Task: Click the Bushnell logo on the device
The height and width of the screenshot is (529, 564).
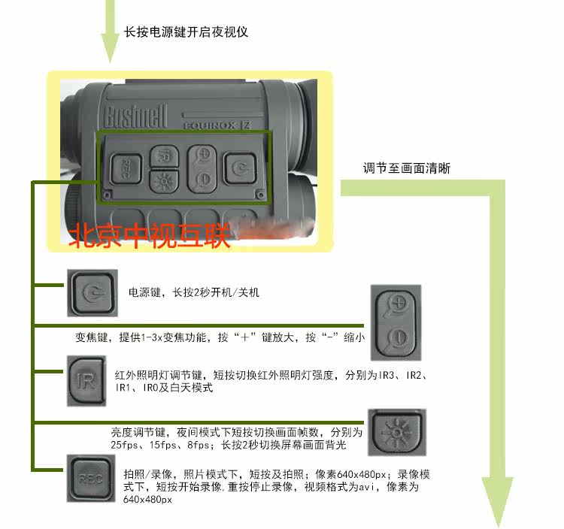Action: pyautogui.click(x=136, y=116)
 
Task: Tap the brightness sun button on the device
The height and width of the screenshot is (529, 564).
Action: pyautogui.click(x=161, y=180)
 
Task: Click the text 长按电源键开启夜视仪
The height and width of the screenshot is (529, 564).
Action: pyautogui.click(x=186, y=32)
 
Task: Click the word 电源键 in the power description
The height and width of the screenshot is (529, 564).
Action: pyautogui.click(x=143, y=292)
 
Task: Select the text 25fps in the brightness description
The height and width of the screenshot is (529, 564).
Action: pyautogui.click(x=125, y=446)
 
